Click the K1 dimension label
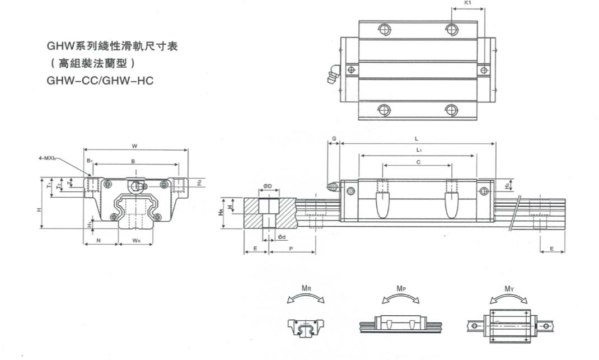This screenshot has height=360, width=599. click(468, 3)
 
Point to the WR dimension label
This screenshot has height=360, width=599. click(136, 241)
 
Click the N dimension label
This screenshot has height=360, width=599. click(99, 241)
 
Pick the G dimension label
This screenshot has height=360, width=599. click(334, 138)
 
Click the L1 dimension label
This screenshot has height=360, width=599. click(419, 150)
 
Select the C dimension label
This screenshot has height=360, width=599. click(418, 162)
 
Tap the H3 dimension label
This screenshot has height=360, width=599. click(507, 185)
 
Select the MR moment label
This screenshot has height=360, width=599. click(306, 288)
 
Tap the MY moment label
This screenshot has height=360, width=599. click(509, 288)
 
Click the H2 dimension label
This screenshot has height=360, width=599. click(199, 183)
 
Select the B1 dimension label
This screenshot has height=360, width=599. click(89, 161)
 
